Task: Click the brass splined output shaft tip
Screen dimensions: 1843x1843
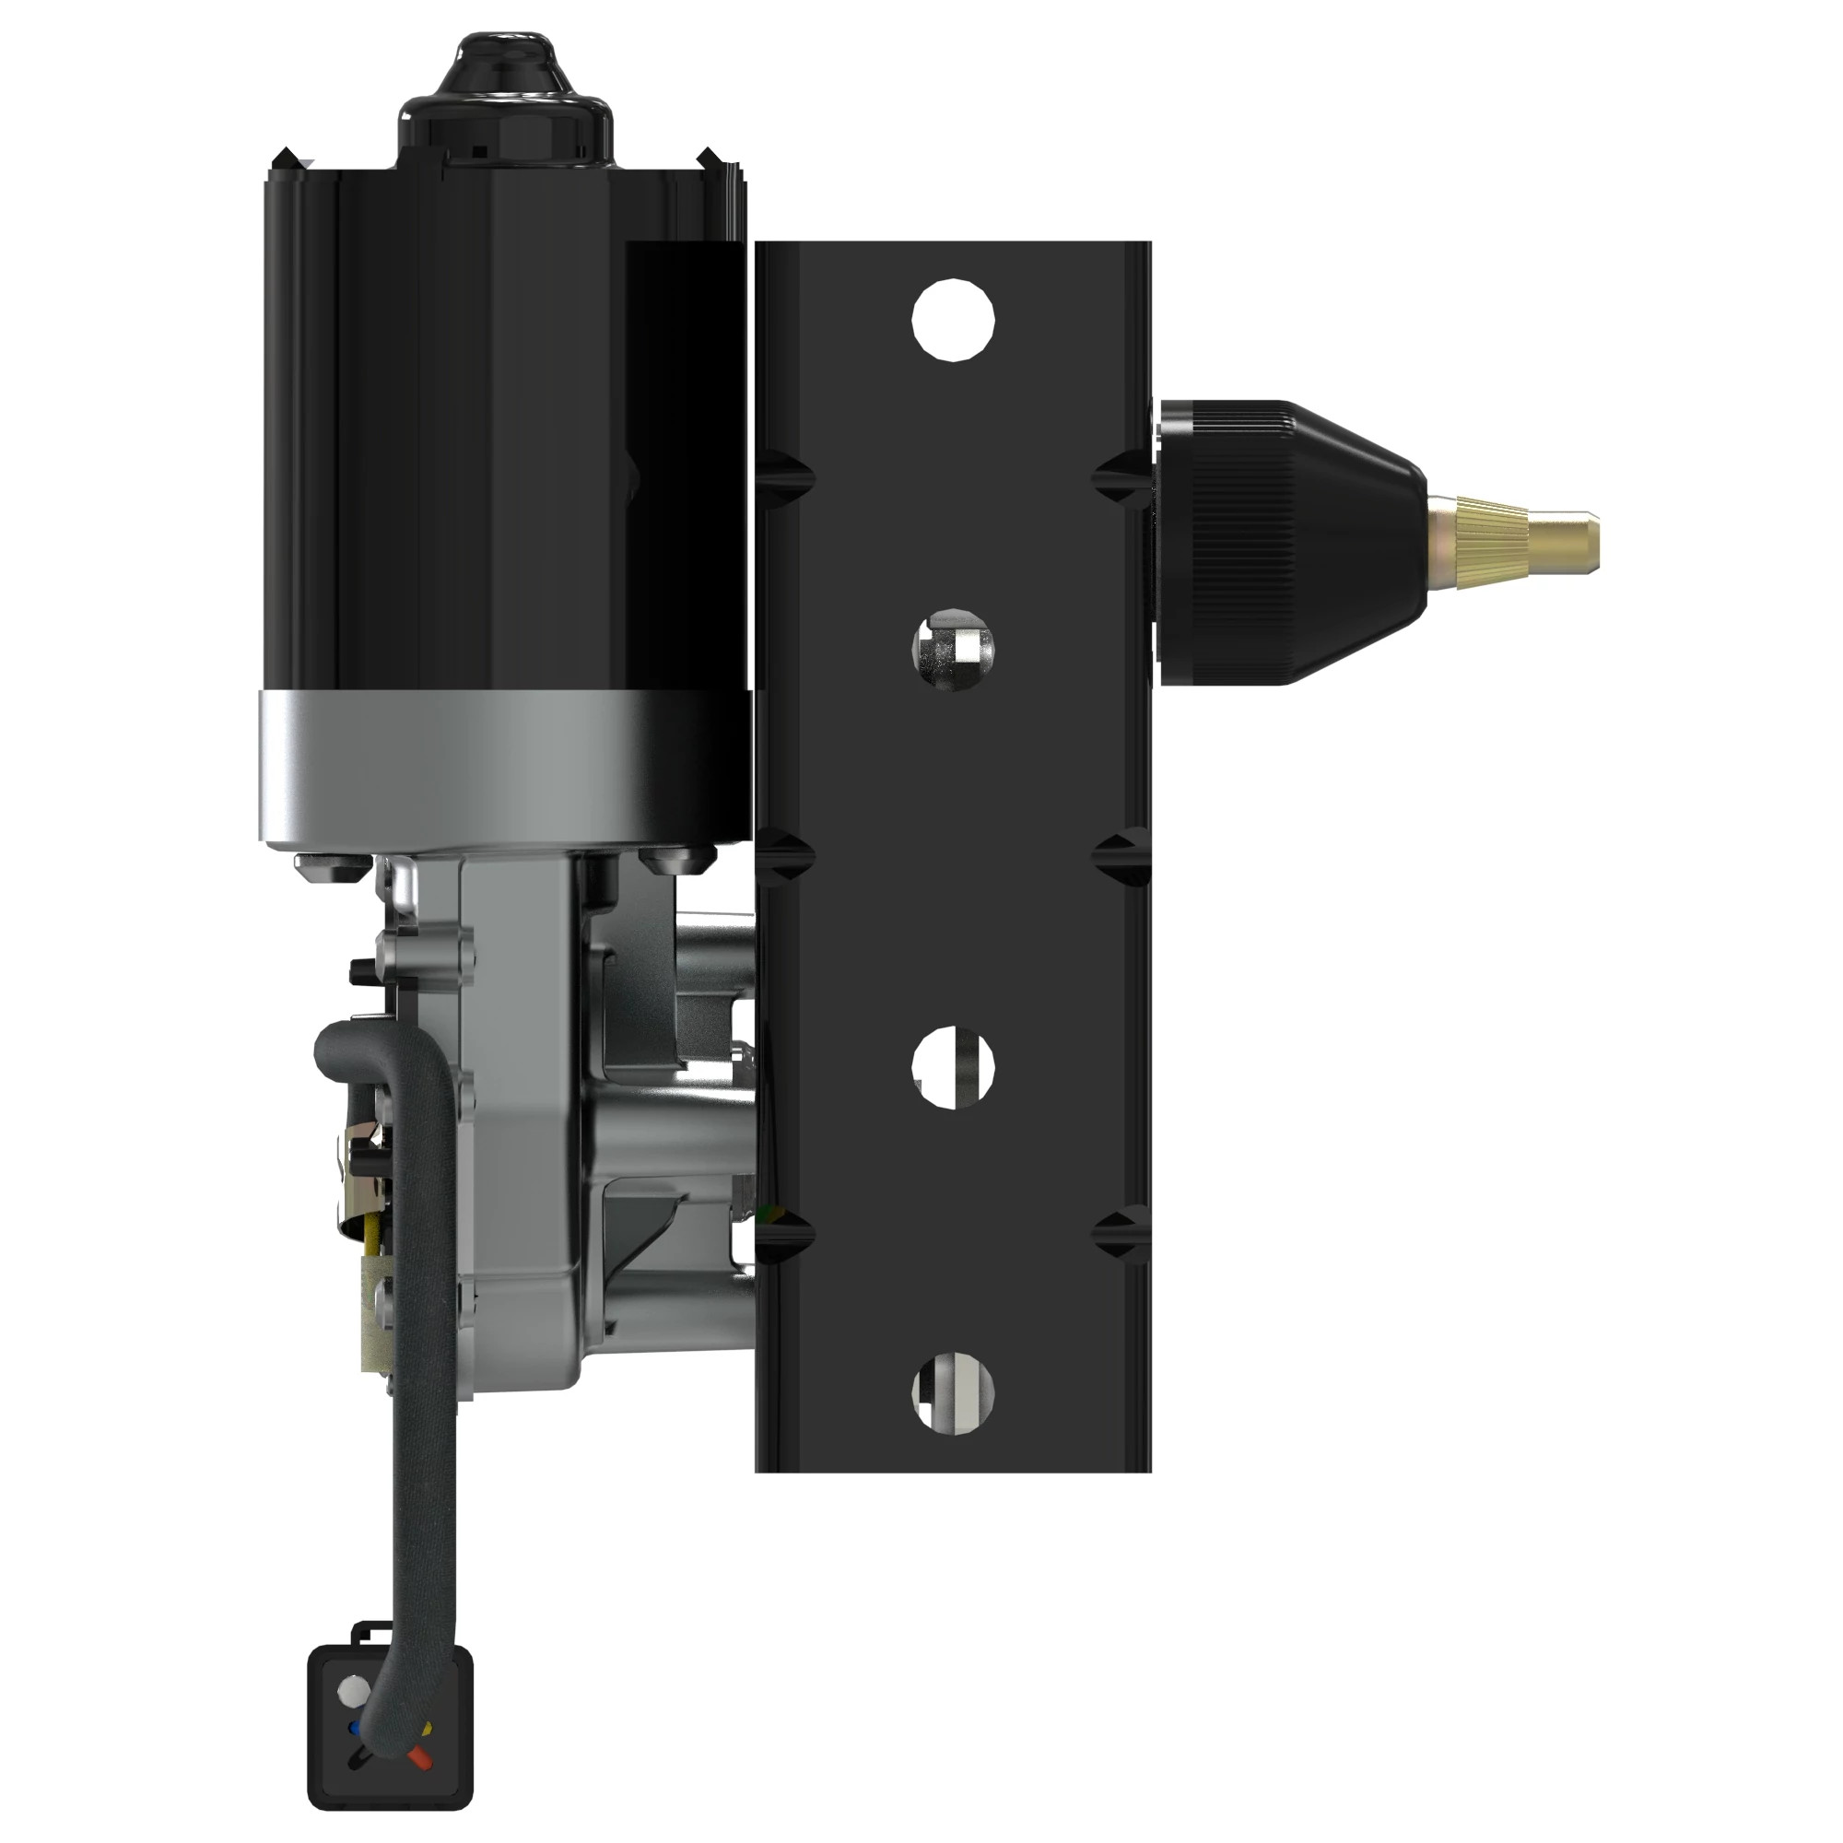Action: click(x=1517, y=541)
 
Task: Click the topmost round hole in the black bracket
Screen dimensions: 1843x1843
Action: click(x=953, y=320)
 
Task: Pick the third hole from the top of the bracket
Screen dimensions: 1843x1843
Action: click(x=953, y=1067)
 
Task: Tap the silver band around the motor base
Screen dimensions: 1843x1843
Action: click(x=503, y=768)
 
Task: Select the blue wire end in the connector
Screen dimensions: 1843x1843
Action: click(x=355, y=1728)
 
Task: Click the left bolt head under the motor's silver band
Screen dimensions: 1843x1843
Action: click(x=333, y=865)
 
